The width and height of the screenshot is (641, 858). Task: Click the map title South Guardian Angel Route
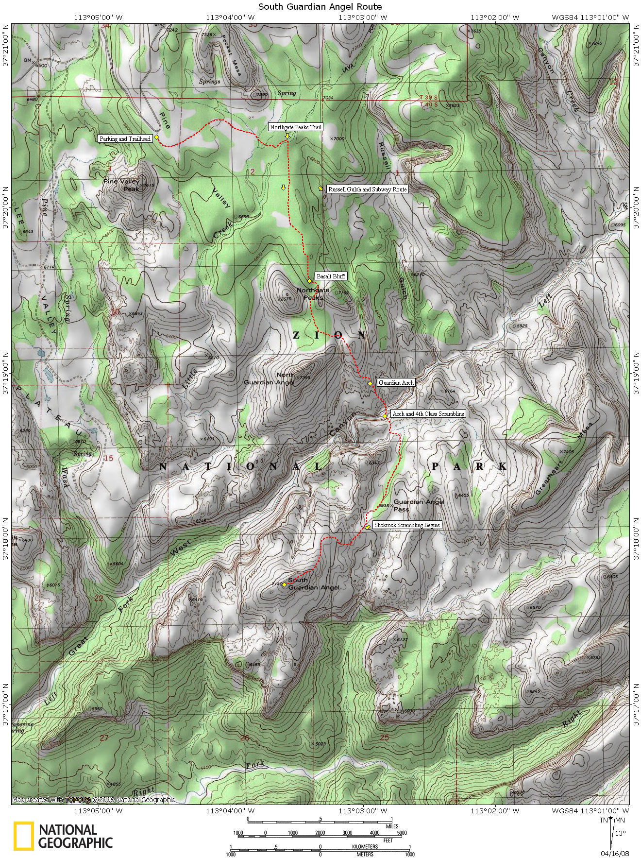pyautogui.click(x=320, y=6)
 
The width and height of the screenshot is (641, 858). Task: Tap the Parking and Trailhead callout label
pyautogui.click(x=125, y=138)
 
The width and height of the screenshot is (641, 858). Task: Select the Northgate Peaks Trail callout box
pyautogui.click(x=296, y=127)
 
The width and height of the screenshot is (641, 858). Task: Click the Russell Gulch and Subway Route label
pyautogui.click(x=367, y=189)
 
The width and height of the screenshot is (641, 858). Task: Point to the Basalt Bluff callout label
pyautogui.click(x=331, y=276)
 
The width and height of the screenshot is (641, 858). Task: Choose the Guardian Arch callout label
pyautogui.click(x=396, y=383)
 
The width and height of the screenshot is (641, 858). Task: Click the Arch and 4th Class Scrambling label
pyautogui.click(x=428, y=414)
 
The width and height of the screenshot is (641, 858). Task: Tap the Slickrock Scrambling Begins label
pyautogui.click(x=407, y=525)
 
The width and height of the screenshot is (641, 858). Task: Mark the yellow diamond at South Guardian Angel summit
pyautogui.click(x=284, y=584)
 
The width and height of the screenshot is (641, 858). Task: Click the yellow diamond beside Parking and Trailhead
pyautogui.click(x=157, y=138)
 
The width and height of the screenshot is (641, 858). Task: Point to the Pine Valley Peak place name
pyautogui.click(x=121, y=185)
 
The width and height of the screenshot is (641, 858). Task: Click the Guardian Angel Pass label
pyautogui.click(x=419, y=505)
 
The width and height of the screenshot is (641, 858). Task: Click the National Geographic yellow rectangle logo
pyautogui.click(x=23, y=836)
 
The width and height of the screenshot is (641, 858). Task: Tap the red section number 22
pyautogui.click(x=99, y=598)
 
